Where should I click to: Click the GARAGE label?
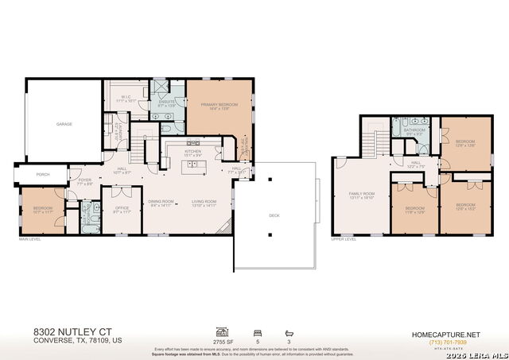coord(64,125)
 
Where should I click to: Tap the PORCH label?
coord(33,175)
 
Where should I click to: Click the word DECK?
coord(274,215)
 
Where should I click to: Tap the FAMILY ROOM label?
coord(361,197)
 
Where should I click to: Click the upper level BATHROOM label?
coord(414,132)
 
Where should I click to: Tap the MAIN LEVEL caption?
coord(29,238)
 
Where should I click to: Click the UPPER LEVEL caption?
coord(344,238)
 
